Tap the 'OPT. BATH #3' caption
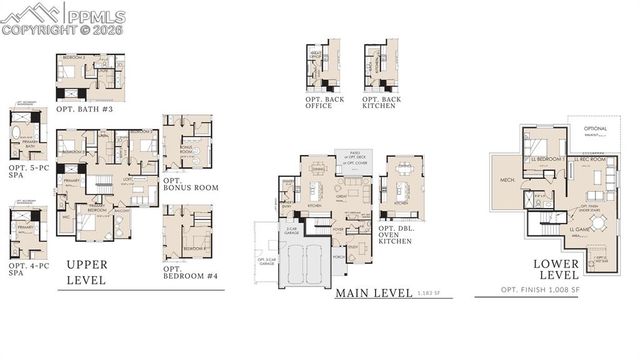click(84, 108)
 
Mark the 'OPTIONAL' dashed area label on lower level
click(595, 129)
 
